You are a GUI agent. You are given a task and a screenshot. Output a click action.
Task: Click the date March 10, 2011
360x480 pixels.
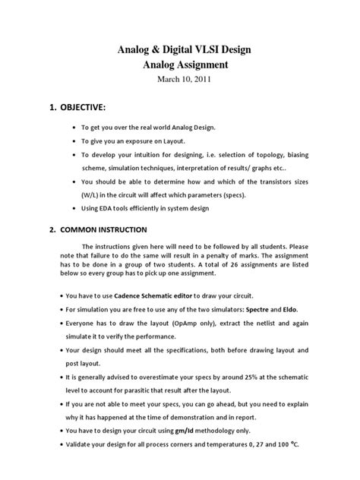[180, 81]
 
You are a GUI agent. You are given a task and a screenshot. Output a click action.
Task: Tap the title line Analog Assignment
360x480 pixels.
[180, 66]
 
